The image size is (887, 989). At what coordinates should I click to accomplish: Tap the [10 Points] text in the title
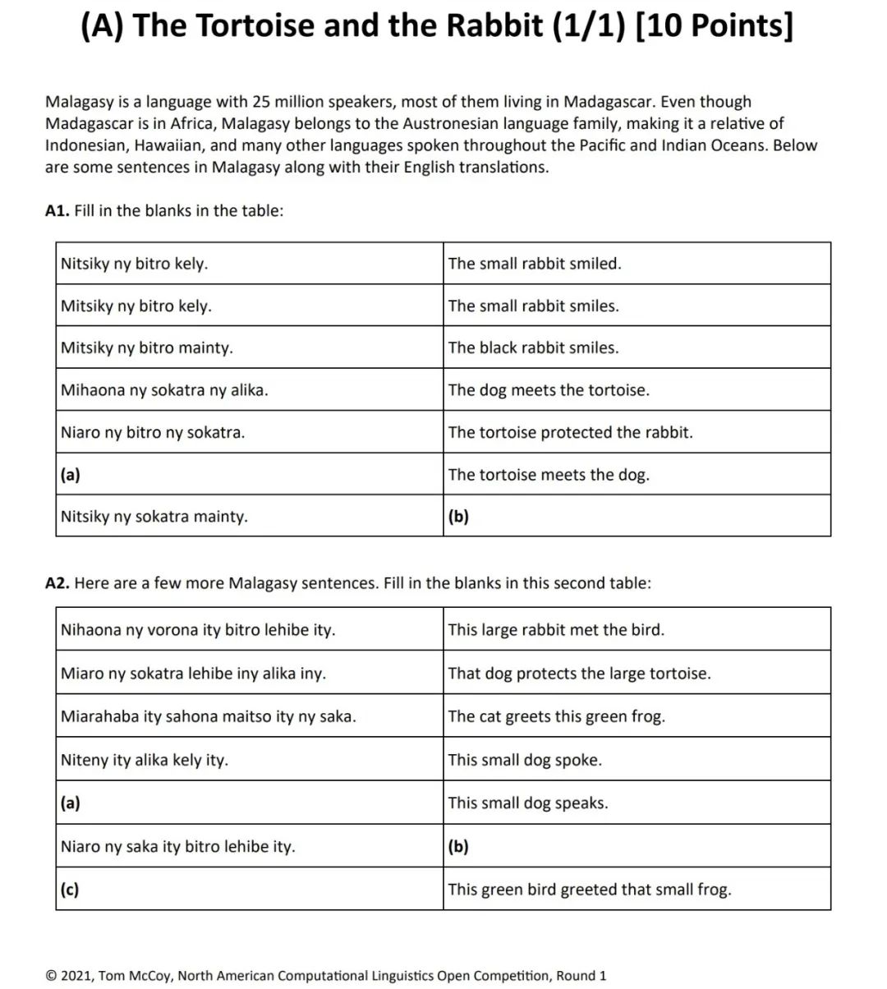tap(715, 26)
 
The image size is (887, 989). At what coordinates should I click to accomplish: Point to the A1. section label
tap(57, 210)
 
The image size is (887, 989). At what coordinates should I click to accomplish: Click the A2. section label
tap(57, 583)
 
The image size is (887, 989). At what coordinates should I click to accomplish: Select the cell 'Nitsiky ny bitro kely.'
tap(249, 264)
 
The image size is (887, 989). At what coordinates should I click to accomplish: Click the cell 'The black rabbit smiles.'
tap(637, 347)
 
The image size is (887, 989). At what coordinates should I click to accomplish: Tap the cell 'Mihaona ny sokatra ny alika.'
tap(249, 390)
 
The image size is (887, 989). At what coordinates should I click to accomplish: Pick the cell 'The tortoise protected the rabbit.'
tap(637, 432)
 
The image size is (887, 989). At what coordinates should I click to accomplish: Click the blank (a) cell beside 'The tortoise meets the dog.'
tap(249, 475)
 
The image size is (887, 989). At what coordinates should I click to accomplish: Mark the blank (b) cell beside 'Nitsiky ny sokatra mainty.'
tap(637, 517)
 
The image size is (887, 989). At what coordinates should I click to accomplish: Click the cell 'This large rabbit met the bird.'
tap(637, 630)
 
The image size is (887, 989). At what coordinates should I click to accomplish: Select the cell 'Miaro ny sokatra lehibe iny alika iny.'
tap(249, 674)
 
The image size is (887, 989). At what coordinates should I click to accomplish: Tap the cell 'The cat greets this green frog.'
tap(637, 716)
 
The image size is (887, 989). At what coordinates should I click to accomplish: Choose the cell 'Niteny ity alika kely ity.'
tap(249, 760)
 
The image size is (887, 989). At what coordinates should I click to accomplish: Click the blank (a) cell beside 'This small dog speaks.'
tap(249, 803)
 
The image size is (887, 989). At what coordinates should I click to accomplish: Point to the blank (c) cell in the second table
tap(249, 889)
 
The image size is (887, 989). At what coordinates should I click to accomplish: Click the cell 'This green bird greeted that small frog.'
tap(637, 889)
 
